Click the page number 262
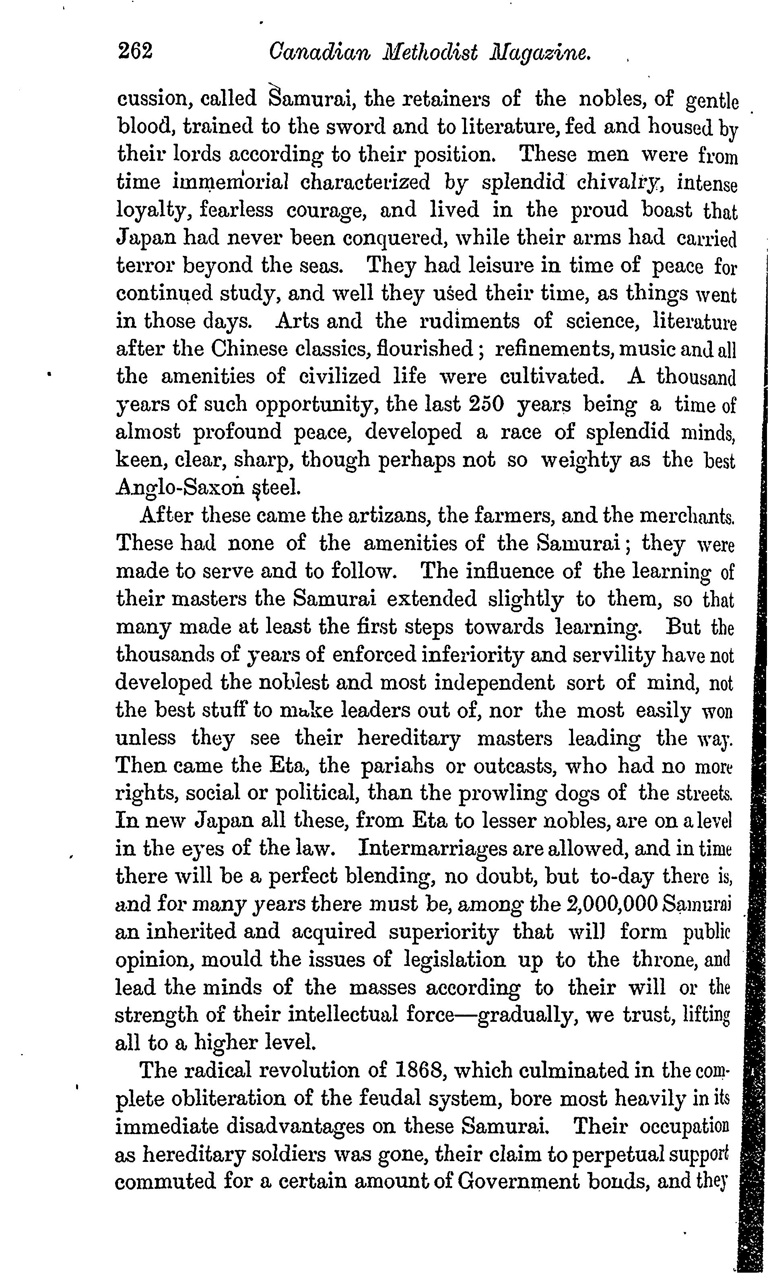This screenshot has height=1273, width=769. (x=135, y=52)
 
